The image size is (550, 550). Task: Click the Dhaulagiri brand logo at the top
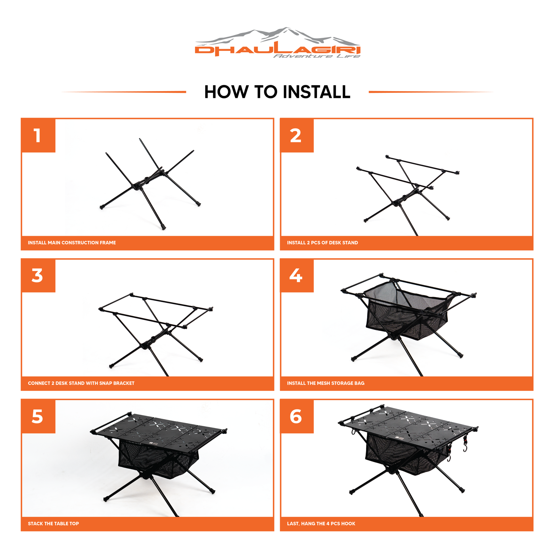click(278, 43)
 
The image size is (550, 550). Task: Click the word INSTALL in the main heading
click(317, 92)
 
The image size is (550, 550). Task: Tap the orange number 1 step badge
click(38, 135)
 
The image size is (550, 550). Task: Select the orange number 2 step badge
click(297, 135)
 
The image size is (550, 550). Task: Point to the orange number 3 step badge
click(38, 275)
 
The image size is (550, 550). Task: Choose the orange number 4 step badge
click(297, 275)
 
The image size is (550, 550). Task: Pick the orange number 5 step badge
click(38, 416)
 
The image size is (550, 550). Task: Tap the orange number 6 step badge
click(297, 416)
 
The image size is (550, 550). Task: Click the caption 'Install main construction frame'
click(72, 243)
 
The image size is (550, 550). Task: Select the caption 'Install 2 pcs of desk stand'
click(322, 243)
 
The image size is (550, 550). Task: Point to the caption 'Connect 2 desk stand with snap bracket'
click(81, 383)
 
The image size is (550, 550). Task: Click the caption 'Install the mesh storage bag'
click(326, 383)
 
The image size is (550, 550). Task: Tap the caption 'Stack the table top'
click(53, 524)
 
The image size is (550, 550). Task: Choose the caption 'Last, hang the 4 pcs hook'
click(321, 524)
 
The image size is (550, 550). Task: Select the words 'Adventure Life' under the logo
click(317, 56)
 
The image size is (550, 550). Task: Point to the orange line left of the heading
click(124, 92)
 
